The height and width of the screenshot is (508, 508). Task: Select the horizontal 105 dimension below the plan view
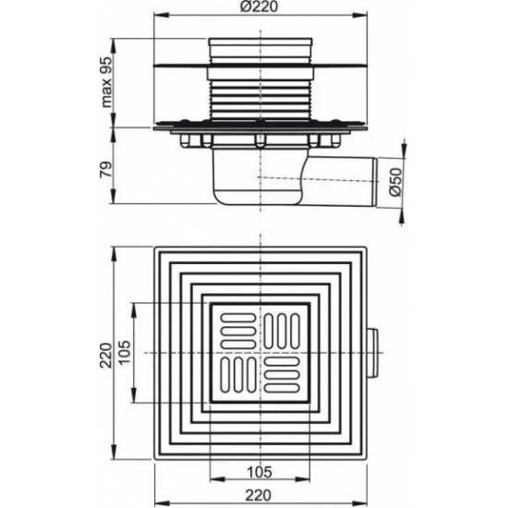click(260, 469)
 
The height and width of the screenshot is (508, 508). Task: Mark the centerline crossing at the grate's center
click(260, 355)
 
